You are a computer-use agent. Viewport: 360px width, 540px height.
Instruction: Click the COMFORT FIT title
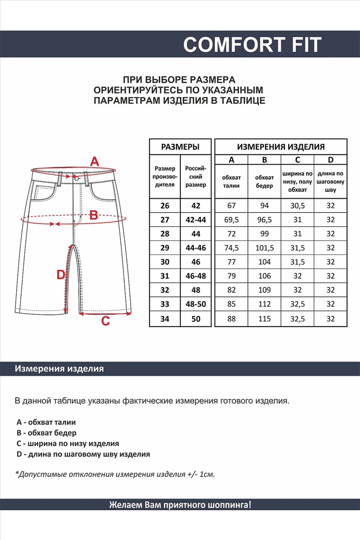pos(252,44)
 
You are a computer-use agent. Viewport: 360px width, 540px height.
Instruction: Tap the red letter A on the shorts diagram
pos(94,161)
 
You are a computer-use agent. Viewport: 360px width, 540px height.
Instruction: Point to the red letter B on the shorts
pos(93,215)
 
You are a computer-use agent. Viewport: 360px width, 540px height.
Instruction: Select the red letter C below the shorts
pos(106,321)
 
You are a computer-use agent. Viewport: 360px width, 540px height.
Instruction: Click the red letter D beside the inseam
pos(61,274)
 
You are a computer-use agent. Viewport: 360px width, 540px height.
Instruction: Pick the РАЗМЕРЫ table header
pos(180,146)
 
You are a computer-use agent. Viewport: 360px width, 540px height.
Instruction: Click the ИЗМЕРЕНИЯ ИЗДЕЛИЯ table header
pos(281,146)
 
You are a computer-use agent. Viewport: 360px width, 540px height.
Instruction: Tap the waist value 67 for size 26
pos(232,206)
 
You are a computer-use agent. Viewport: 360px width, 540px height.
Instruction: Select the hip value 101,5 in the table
pos(264,248)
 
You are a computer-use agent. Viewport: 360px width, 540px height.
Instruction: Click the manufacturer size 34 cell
pos(165,319)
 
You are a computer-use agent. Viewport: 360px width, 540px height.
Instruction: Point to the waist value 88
pos(232,319)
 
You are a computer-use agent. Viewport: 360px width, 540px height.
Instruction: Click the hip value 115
pos(264,319)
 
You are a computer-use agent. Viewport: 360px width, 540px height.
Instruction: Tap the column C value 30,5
pos(297,206)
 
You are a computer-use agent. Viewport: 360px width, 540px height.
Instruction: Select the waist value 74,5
pos(232,248)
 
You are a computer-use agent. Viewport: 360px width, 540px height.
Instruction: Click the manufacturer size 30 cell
pos(165,262)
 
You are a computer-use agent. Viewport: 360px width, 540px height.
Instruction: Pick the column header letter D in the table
pos(331,160)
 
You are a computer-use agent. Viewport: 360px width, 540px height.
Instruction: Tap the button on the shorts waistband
pos(77,177)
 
